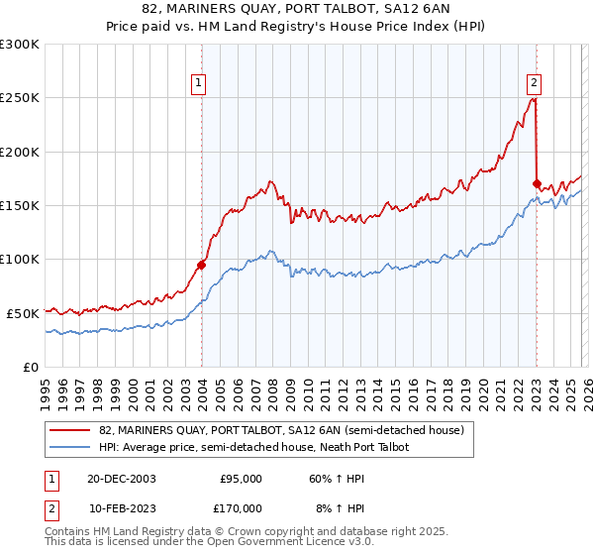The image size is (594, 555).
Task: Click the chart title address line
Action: click(297, 9)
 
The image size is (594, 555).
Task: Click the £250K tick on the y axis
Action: click(21, 98)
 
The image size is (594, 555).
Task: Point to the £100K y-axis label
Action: click(21, 259)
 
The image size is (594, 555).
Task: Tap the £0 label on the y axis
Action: click(31, 367)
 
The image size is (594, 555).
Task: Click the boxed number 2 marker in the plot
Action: click(535, 83)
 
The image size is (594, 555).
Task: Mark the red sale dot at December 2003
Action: click(202, 265)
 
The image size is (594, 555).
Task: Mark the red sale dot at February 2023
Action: click(537, 183)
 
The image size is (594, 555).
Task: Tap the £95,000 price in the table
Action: click(239, 478)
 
